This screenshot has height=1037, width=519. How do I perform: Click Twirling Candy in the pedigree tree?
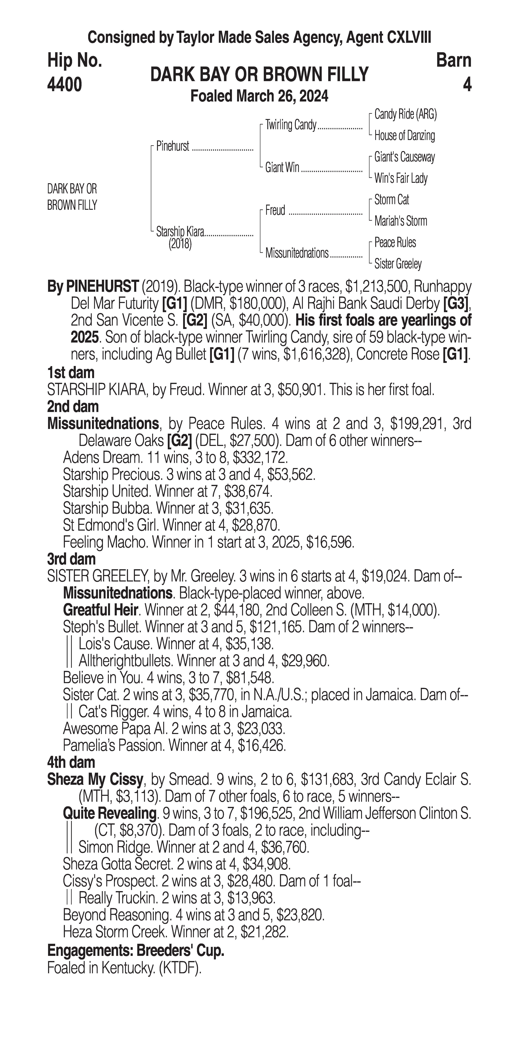click(x=291, y=125)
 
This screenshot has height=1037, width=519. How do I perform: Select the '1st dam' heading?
click(x=71, y=372)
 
